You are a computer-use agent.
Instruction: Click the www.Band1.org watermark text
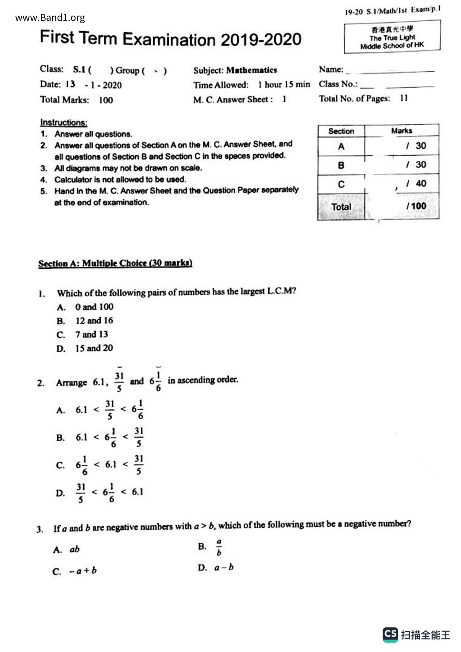pos(50,17)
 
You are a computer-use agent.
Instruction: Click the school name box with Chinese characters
pos(392,37)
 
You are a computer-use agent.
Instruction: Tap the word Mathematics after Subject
pos(251,70)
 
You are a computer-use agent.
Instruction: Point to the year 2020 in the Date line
pos(112,85)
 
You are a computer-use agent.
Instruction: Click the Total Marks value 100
pos(106,100)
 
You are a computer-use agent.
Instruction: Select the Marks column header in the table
pos(402,131)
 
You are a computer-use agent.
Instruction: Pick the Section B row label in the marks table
pos(341,165)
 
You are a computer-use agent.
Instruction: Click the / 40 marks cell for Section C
pos(416,184)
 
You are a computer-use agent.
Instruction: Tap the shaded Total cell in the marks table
pos(341,207)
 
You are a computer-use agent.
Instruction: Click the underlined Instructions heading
pos(64,122)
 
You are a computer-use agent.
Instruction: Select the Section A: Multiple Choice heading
pos(115,263)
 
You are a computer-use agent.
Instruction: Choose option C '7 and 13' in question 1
pos(91,334)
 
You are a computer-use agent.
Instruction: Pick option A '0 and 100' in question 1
pos(94,307)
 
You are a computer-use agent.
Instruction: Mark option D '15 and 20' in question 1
pos(94,348)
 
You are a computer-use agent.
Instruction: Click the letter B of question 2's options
pos(61,438)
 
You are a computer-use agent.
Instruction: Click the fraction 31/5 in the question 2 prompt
pos(119,382)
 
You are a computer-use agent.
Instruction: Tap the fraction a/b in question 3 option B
pos(219,547)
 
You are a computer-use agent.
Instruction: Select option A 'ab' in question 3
pos(74,549)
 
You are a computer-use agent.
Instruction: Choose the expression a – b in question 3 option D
pos(224,568)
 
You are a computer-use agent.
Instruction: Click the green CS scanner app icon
pos(390,635)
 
